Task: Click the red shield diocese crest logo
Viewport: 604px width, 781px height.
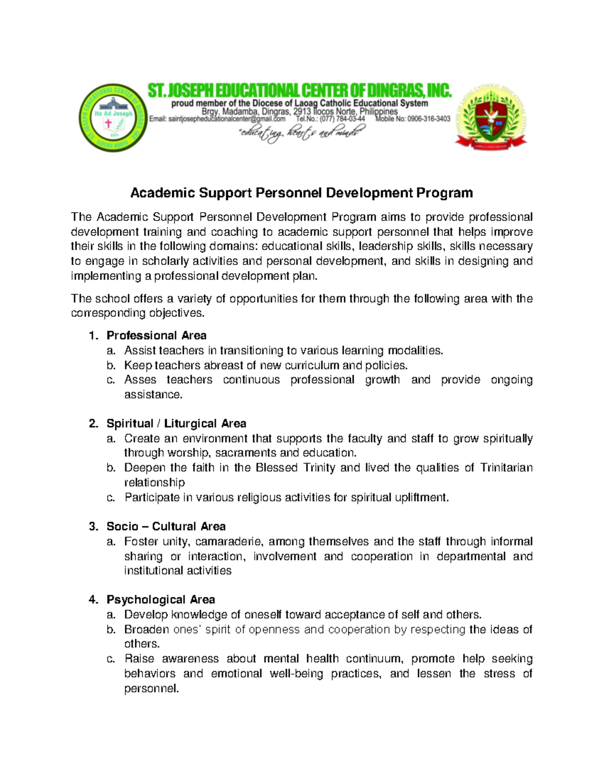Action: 490,116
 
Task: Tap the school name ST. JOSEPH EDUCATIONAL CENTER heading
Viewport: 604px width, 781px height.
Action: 299,91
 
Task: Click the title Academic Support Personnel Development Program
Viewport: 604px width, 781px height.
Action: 301,193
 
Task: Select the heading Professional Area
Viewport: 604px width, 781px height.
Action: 156,335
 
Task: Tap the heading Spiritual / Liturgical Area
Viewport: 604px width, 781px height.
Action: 176,423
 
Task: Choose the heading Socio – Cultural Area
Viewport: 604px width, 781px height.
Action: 166,527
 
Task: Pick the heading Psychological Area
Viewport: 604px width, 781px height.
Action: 161,599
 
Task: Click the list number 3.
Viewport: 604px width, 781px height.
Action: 93,527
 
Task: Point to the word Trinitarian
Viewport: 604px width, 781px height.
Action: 506,468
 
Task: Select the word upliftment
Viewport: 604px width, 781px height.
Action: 420,497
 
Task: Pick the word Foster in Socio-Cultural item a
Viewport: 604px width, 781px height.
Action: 141,542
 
